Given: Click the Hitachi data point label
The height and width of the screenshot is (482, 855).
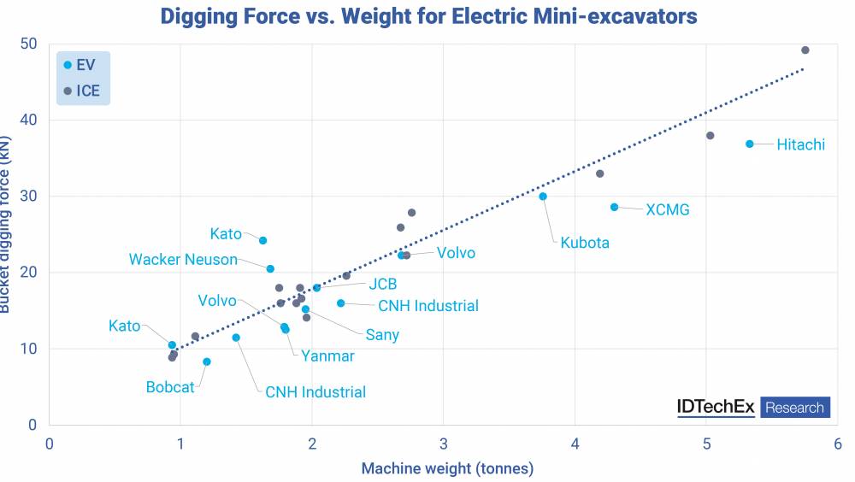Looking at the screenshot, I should tap(800, 144).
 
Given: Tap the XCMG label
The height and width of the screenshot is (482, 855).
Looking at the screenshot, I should tap(667, 209).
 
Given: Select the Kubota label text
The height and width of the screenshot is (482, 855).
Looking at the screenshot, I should tap(585, 243).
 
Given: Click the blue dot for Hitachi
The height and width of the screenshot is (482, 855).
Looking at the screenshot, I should tap(750, 144).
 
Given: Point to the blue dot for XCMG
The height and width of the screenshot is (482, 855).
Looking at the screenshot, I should tap(614, 207).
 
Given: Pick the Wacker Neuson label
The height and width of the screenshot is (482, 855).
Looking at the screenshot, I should tap(183, 259).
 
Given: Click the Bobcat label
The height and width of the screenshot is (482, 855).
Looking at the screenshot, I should tap(170, 387).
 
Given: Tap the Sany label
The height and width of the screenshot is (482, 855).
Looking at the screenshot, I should tap(382, 335).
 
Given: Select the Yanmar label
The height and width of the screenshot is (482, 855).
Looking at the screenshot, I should tap(327, 356).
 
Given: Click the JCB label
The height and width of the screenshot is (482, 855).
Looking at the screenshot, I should tap(382, 285).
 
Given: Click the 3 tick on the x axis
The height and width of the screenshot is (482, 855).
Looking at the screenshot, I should tap(443, 444).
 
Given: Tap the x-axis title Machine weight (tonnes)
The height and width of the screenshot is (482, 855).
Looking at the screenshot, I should tap(447, 468).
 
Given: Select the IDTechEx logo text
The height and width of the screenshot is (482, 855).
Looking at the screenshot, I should tap(716, 408).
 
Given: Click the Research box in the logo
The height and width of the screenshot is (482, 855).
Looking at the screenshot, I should tap(794, 408).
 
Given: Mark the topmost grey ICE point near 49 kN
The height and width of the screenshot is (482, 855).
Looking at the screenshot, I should tap(805, 50).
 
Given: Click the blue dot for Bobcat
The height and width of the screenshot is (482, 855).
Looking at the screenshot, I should tap(206, 361).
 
